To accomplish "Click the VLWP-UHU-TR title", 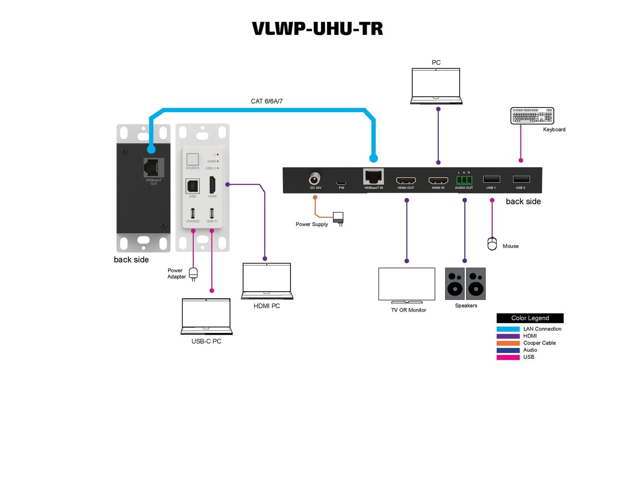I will [x=317, y=29].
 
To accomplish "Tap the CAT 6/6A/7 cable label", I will [x=267, y=101].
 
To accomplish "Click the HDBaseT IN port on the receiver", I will [x=373, y=177].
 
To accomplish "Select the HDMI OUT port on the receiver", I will [x=406, y=180].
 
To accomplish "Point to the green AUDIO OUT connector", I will [x=464, y=180].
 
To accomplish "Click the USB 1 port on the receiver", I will [x=491, y=180].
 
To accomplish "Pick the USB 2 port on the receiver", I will [x=521, y=180].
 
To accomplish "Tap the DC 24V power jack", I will [x=315, y=178].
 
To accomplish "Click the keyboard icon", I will [x=532, y=116].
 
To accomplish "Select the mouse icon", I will [x=492, y=243].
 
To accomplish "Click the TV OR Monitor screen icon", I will [x=407, y=285].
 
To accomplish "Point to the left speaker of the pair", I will [x=455, y=284].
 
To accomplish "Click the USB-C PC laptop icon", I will [x=206, y=316].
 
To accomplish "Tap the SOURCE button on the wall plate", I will [x=192, y=159].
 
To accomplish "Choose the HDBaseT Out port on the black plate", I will [x=154, y=168].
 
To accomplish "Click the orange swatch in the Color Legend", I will [x=508, y=343].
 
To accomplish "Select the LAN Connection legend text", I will [x=542, y=329].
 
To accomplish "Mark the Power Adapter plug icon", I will [x=193, y=273].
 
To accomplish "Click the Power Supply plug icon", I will [x=338, y=218].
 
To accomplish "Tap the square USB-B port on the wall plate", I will [x=192, y=186].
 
